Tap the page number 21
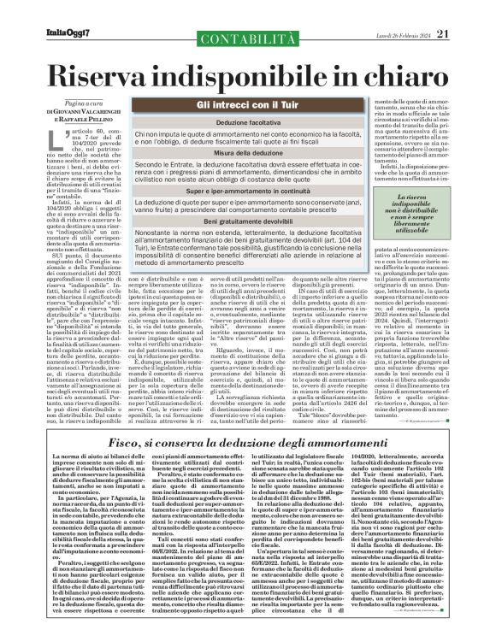[x=466, y=10]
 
